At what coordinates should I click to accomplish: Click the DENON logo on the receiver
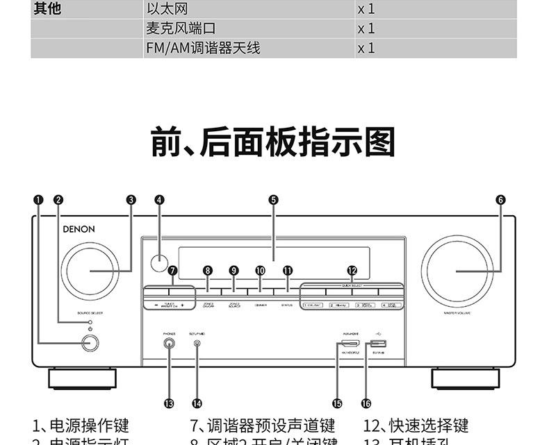79,228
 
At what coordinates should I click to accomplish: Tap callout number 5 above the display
273,199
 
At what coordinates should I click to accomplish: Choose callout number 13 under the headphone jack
170,403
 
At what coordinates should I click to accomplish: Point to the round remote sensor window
159,262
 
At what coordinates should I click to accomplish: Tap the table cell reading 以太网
167,9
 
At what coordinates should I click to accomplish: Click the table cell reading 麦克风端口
181,28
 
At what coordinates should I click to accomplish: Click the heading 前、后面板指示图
273,141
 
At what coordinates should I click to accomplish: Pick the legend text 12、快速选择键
416,426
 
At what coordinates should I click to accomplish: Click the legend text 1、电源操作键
81,426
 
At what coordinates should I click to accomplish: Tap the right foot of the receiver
465,378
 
